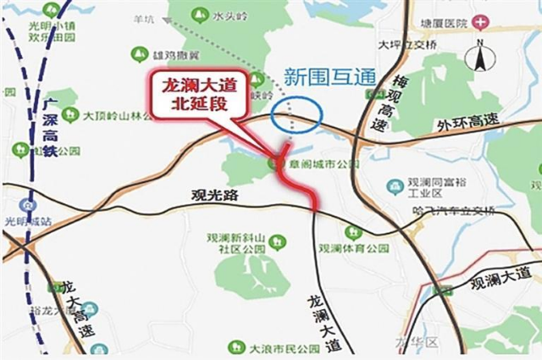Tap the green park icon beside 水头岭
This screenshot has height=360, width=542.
[x=202, y=15]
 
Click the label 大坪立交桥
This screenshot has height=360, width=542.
[x=406, y=46]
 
